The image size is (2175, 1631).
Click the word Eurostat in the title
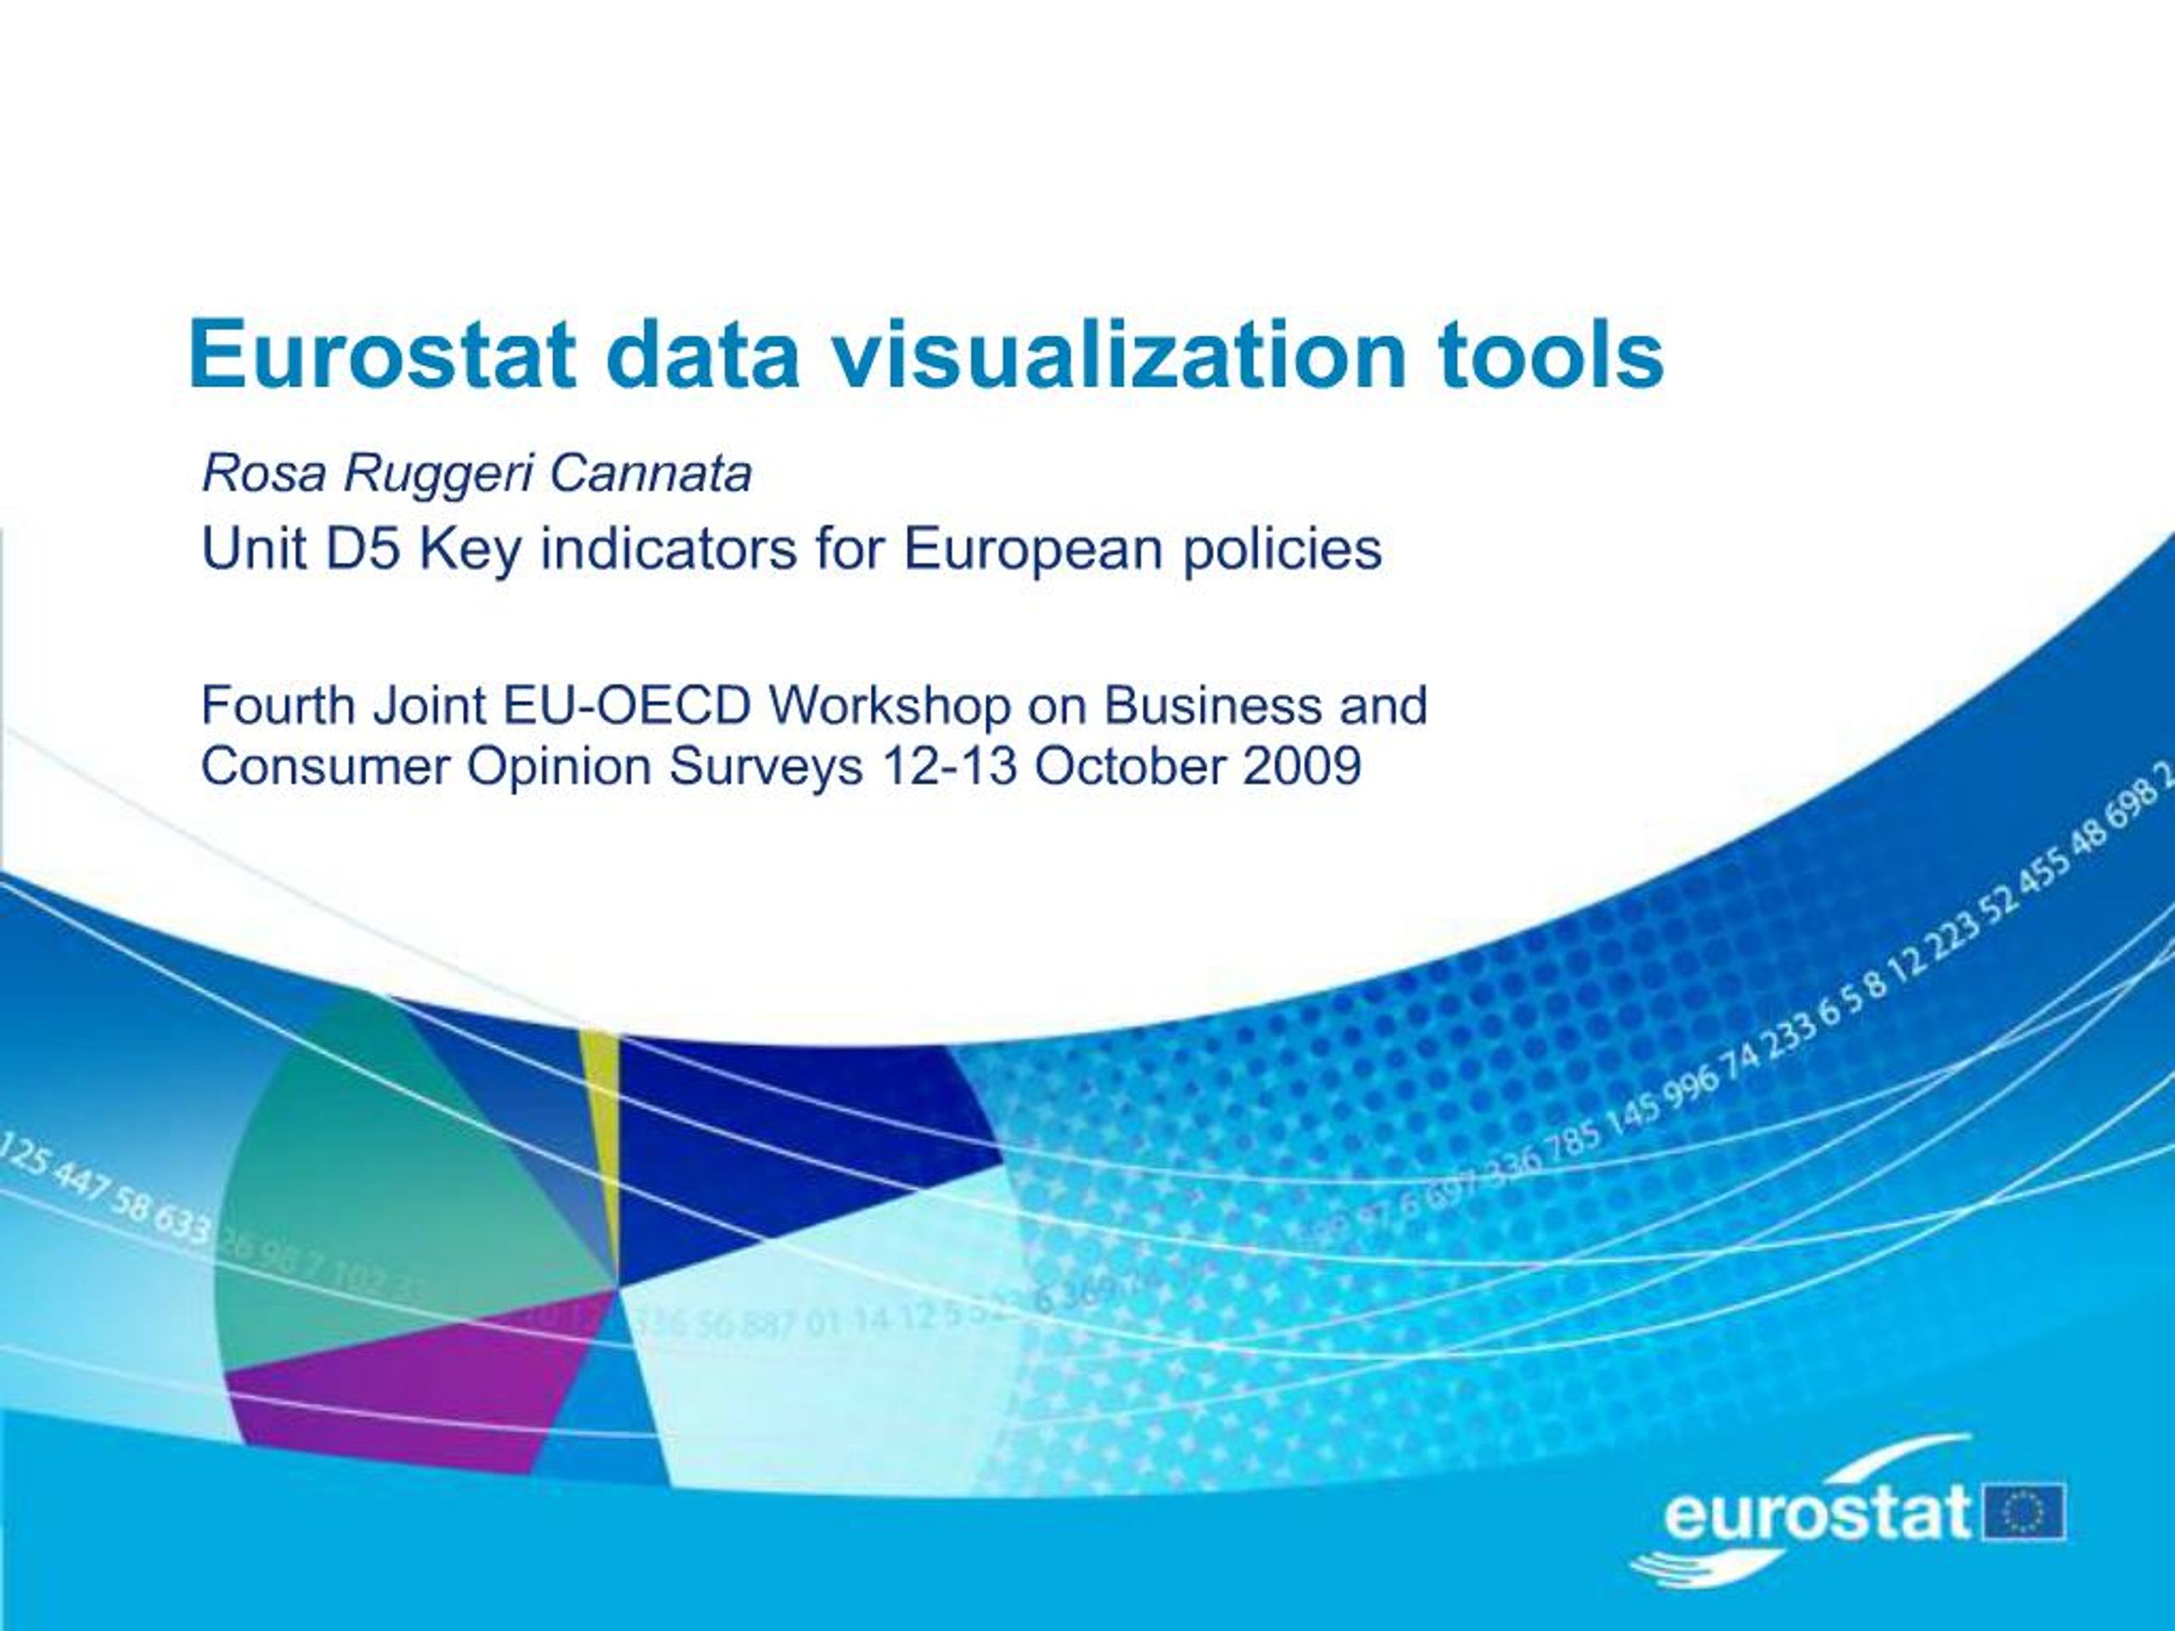[x=381, y=354]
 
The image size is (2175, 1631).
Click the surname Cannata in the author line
[x=650, y=474]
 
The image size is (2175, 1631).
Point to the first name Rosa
[x=263, y=474]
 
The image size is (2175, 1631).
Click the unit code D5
[x=363, y=549]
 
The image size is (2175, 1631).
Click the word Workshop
[x=890, y=705]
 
